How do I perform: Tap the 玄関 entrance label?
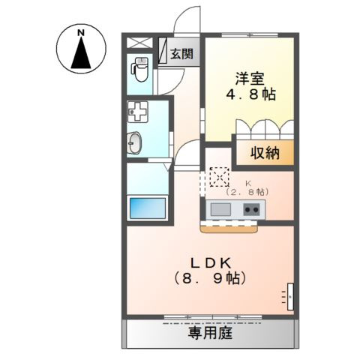[181, 54]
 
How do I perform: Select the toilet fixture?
[140, 70]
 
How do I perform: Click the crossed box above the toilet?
[139, 43]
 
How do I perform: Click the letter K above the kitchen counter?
[248, 182]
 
